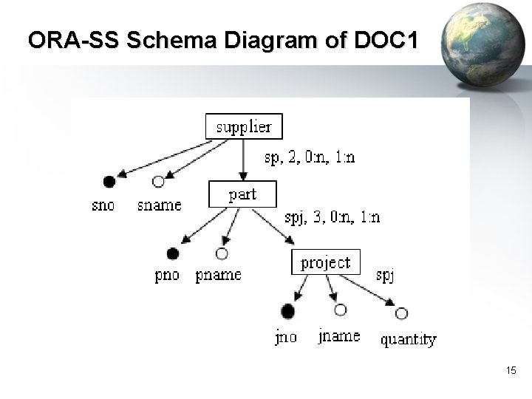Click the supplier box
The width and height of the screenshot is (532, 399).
243,126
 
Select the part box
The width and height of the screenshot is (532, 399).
242,194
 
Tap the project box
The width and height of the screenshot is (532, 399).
325,262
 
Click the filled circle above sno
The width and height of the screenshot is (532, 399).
109,181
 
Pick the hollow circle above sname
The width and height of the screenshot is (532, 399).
157,181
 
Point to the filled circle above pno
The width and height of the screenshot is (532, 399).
172,254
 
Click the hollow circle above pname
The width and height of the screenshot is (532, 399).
221,254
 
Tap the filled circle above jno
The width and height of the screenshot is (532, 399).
287,310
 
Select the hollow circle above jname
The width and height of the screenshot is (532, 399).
340,310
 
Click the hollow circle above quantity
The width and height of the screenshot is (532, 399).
401,313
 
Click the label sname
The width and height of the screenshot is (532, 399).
159,205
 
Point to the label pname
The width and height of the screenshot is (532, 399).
218,276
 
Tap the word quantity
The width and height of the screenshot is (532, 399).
408,340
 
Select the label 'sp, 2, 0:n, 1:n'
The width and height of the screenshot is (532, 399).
309,157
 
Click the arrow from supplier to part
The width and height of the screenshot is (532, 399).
243,159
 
